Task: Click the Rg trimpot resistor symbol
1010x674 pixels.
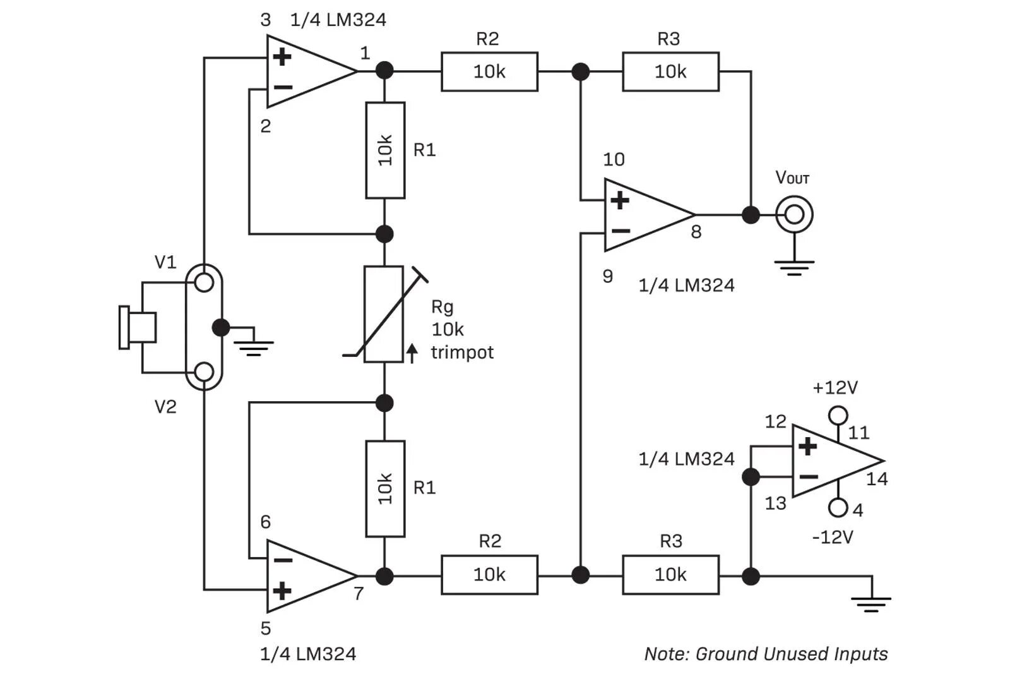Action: pos(384,314)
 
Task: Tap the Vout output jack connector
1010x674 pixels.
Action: pos(794,215)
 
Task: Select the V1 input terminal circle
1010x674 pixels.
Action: pos(204,282)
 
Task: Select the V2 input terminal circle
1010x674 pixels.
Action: pos(204,372)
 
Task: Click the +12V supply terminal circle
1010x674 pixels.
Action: pos(838,415)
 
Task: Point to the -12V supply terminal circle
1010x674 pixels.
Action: pos(838,507)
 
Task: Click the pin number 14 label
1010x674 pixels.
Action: pos(877,479)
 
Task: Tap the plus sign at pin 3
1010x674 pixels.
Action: pos(282,57)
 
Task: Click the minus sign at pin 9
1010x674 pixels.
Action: pos(620,231)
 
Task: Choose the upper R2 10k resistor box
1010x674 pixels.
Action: pos(489,71)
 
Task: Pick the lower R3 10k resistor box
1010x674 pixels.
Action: pos(670,574)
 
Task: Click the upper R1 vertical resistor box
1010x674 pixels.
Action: pos(384,150)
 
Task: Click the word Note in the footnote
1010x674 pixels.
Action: pos(665,654)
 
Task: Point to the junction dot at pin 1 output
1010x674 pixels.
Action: pos(384,70)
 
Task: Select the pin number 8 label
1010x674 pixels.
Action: pos(696,232)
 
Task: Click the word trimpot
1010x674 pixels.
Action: pos(462,352)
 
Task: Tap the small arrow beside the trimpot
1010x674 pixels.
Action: pos(412,353)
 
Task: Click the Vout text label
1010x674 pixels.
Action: pos(792,178)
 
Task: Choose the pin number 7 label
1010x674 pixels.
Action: pos(358,594)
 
